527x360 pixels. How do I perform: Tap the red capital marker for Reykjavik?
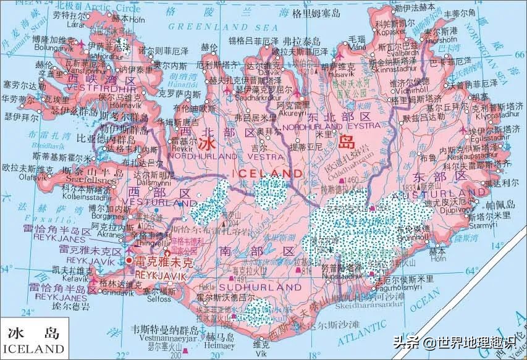[129, 261]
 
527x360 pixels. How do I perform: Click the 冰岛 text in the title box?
[33, 334]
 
